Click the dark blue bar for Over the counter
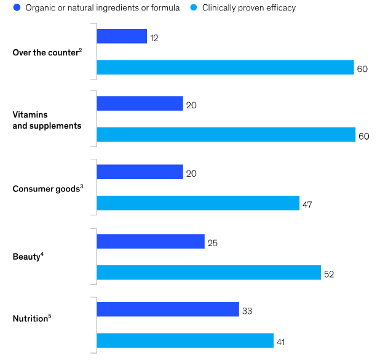click(122, 36)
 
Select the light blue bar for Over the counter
click(225, 67)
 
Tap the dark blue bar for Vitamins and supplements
click(140, 103)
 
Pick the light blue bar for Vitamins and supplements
click(226, 135)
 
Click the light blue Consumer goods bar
click(198, 203)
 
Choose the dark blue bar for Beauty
click(151, 241)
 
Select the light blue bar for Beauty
click(209, 273)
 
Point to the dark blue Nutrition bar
click(168, 310)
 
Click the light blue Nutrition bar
click(185, 340)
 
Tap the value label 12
click(154, 38)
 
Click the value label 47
click(307, 205)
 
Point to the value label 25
click(213, 243)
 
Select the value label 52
click(329, 274)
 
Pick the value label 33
click(247, 311)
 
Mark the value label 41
click(280, 342)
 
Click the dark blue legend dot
click(17, 7)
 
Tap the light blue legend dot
click(194, 7)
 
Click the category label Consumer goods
click(46, 189)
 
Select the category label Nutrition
click(30, 319)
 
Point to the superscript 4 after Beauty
click(42, 254)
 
